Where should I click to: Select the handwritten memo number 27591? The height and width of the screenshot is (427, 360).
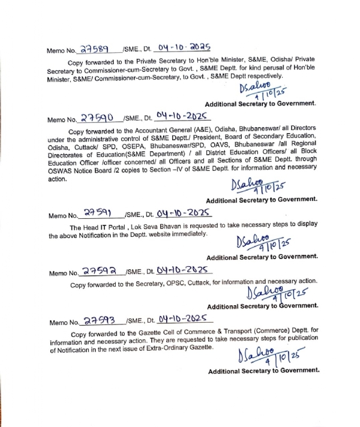pos(98,213)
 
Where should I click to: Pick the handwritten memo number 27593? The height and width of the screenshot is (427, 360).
pos(98,319)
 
